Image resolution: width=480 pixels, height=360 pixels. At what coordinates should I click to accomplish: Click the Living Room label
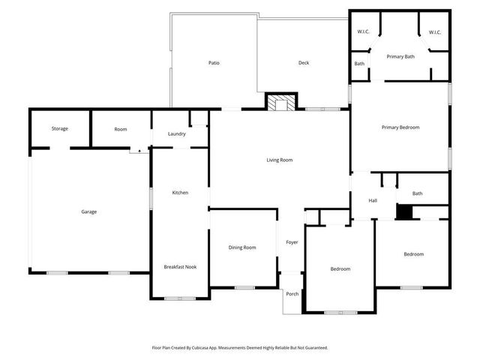[279, 160]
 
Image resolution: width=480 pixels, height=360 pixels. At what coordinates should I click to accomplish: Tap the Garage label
[88, 211]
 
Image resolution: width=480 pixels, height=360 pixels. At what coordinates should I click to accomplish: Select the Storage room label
[60, 129]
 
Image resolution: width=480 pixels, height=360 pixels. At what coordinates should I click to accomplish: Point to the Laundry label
[177, 134]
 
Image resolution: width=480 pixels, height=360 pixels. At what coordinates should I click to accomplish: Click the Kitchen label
[180, 193]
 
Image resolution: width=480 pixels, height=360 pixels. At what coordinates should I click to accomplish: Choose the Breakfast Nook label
[180, 267]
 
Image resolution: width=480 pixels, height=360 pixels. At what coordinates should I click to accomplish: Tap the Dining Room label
[242, 247]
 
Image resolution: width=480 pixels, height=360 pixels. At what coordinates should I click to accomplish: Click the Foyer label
[292, 242]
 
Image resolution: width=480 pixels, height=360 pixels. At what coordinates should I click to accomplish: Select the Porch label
[292, 293]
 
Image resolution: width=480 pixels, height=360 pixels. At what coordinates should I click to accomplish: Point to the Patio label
[214, 63]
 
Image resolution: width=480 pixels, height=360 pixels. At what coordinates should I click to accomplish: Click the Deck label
[304, 63]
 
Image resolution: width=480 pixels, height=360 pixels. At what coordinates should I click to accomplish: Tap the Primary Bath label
[400, 57]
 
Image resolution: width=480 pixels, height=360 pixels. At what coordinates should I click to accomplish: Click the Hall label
[372, 200]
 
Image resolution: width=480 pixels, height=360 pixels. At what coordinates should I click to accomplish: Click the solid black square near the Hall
[404, 213]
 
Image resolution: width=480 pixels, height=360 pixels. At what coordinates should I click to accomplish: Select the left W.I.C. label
[363, 32]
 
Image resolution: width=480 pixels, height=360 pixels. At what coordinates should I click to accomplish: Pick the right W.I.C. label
[435, 32]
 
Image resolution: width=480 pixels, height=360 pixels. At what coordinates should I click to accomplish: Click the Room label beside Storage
[121, 129]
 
